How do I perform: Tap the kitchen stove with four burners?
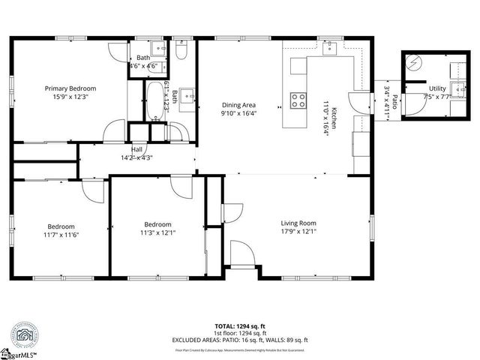point(298,100)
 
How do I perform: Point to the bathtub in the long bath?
point(155,101)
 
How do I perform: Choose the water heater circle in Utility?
point(412,63)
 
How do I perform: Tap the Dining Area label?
point(238,105)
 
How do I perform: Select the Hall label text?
point(137,148)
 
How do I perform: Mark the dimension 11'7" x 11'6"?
point(61,235)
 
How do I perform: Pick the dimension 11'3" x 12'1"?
point(157,233)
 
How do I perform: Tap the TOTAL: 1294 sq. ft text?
point(240,326)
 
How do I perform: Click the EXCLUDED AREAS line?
point(240,340)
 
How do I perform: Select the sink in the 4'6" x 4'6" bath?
point(143,46)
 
